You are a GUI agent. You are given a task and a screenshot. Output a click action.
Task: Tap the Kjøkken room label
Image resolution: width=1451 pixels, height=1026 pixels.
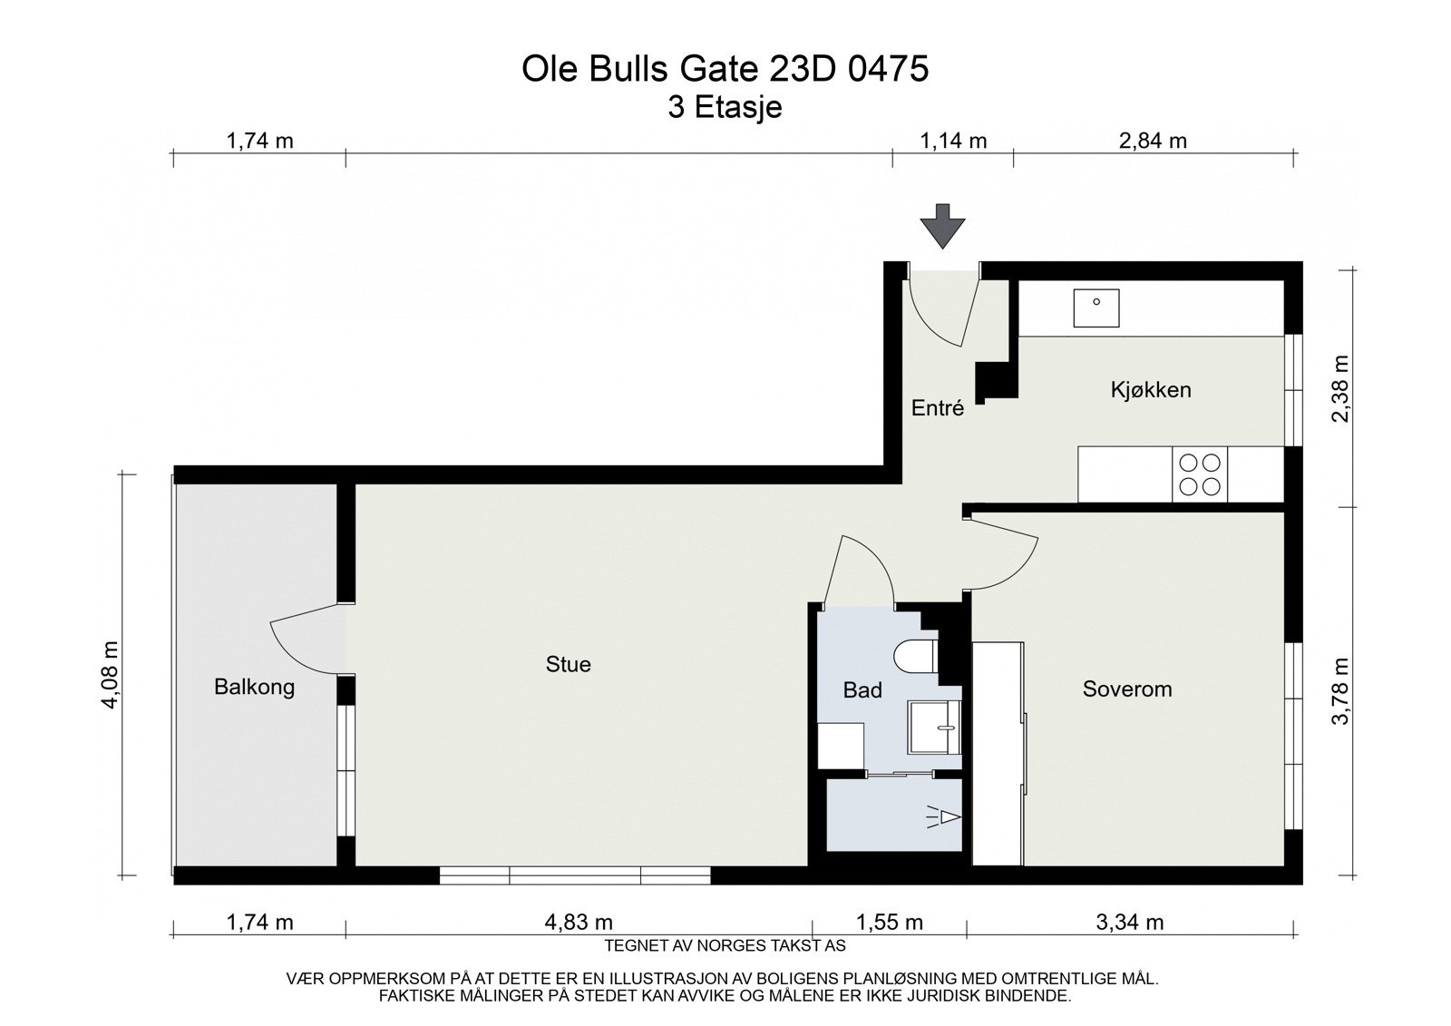point(1151,390)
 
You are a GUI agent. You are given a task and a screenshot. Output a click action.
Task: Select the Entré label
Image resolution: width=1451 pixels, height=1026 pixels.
point(937,408)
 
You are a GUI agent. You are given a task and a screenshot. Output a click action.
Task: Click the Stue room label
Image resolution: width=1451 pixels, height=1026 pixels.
point(568,664)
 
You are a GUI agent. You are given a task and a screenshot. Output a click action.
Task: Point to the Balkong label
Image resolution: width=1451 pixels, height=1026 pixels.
point(254,687)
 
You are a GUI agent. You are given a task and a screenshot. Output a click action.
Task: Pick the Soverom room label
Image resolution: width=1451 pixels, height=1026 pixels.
point(1127,689)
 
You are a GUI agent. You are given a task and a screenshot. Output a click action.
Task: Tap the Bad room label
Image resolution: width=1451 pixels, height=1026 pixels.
point(862,690)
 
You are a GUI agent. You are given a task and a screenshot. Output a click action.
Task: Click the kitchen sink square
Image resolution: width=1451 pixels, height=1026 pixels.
point(1096,308)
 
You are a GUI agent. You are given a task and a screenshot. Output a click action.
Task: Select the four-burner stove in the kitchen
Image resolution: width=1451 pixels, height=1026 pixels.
point(1198,474)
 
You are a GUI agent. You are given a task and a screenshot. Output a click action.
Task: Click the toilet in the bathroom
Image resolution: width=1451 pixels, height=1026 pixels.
point(914,655)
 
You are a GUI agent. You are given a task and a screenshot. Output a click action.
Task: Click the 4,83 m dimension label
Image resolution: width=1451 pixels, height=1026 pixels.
point(579,923)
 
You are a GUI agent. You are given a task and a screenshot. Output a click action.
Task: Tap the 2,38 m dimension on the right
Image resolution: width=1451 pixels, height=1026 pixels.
point(1340,387)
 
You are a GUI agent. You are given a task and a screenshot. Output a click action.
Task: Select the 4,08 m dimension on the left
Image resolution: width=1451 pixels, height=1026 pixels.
point(111,675)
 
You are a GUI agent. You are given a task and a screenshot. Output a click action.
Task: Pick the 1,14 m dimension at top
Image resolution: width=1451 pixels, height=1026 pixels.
point(952,141)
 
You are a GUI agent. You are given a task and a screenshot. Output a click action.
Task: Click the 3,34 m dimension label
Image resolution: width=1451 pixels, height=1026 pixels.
point(1129,923)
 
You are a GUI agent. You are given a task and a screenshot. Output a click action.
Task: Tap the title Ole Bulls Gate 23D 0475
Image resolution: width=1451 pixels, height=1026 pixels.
point(725,70)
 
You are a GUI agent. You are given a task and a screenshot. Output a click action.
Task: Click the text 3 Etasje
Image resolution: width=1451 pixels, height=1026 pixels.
point(725,108)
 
